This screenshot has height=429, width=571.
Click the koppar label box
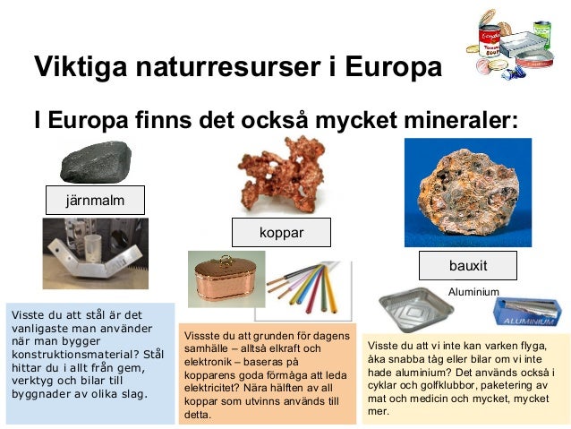tap(281, 232)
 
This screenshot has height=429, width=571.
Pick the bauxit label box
tap(469, 266)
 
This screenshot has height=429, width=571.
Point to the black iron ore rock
tap(96, 162)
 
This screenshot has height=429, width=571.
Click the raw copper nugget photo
tap(280, 176)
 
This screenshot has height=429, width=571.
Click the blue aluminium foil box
tap(527, 311)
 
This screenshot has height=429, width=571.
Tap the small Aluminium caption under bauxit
tap(473, 292)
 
